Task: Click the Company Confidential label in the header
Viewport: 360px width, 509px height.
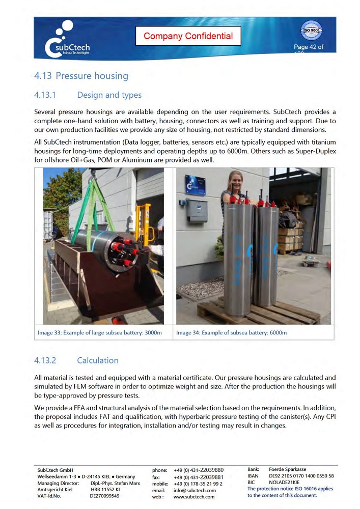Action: [188, 36]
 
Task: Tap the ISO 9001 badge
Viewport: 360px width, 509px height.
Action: [311, 31]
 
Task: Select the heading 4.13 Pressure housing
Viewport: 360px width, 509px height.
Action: [81, 76]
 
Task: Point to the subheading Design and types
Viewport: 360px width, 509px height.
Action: [109, 95]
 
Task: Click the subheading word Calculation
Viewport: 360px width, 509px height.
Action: [97, 360]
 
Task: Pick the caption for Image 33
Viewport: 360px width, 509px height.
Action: [100, 333]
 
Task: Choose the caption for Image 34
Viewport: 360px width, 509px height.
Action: [231, 333]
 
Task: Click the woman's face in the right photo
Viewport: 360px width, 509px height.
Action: [239, 180]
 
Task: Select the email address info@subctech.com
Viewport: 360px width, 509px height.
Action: [195, 490]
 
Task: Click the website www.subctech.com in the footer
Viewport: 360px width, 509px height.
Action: [194, 497]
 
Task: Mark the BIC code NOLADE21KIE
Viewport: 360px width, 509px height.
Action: [284, 482]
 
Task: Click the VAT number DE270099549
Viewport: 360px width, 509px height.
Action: [105, 496]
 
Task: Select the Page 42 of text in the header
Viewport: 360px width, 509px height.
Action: [309, 47]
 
